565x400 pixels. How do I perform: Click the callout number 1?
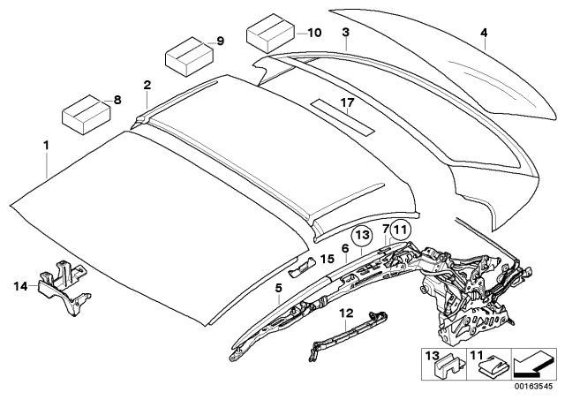tap(47, 142)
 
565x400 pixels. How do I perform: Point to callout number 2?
tap(147, 85)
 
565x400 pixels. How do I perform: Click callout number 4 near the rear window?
tap(483, 34)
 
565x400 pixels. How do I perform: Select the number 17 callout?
tap(347, 102)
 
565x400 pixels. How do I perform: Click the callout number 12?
tap(346, 312)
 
